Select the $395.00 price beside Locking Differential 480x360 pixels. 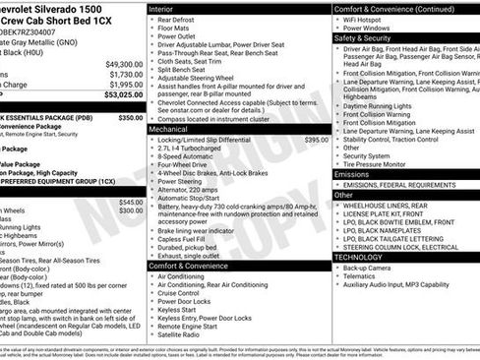coord(316,141)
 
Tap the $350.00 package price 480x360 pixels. coord(130,117)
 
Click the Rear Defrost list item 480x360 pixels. coord(181,20)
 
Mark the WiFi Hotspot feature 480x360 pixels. coord(369,20)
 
